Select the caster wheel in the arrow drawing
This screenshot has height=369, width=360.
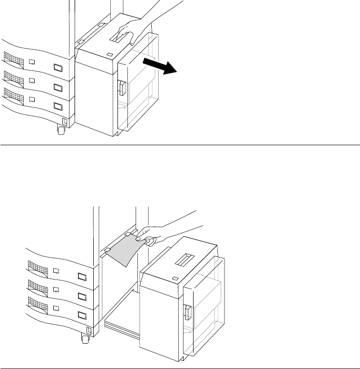(61, 129)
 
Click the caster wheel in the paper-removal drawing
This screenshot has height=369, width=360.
(86, 339)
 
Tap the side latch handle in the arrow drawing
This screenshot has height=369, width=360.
(121, 88)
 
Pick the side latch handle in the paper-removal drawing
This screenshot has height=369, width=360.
(188, 312)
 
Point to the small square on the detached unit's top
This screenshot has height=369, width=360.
(175, 279)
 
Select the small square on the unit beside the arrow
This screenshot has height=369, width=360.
(110, 55)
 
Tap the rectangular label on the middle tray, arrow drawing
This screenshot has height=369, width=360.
(58, 88)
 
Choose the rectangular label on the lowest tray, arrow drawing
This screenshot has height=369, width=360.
(58, 106)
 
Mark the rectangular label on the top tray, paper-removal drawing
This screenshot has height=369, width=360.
(82, 276)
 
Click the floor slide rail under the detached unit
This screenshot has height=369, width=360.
(121, 327)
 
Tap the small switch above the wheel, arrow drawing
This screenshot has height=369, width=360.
(65, 121)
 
